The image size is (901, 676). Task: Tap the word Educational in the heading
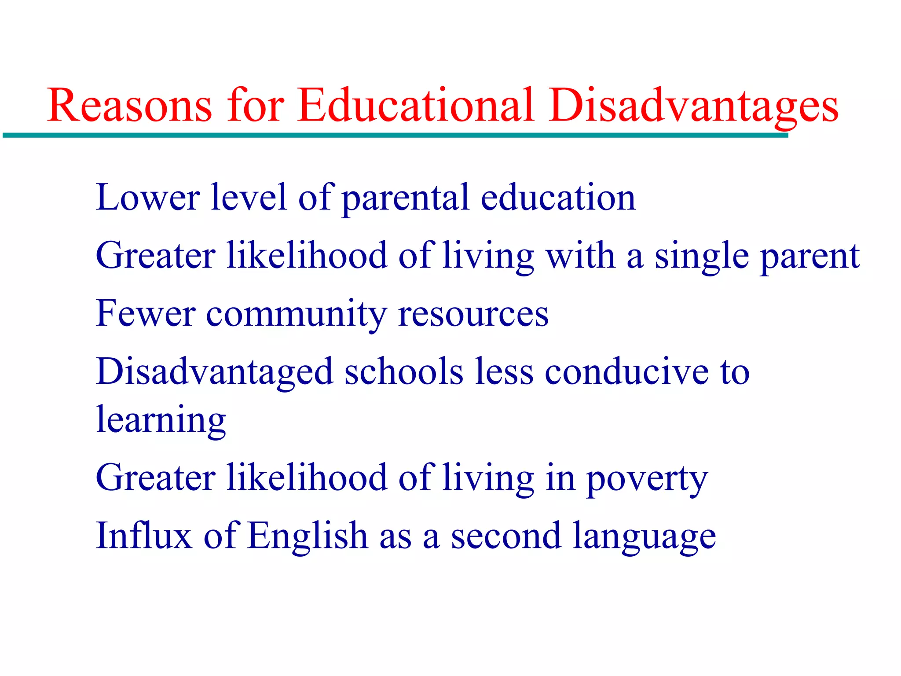[x=416, y=106]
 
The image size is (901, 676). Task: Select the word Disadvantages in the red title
[x=693, y=106]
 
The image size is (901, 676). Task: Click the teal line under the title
[x=396, y=136]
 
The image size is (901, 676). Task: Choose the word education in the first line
[x=558, y=198]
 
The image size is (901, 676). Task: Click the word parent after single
[x=810, y=256]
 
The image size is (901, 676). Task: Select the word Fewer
[x=146, y=314]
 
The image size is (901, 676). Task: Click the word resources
[x=473, y=314]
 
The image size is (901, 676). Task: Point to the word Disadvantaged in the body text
[x=215, y=372]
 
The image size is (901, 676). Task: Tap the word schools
[x=404, y=372]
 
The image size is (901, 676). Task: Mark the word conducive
[x=626, y=372]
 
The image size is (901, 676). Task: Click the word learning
[x=161, y=420]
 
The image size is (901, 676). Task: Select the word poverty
[x=647, y=479]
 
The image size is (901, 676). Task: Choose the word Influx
[x=144, y=536]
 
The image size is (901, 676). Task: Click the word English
[x=308, y=536]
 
